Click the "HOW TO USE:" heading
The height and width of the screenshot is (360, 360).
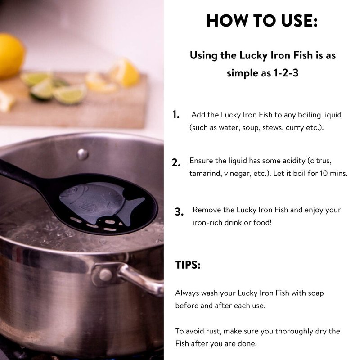click(262, 21)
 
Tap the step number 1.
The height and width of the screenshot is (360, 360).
click(176, 115)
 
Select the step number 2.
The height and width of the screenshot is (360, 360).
click(176, 163)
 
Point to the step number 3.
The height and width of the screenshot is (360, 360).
click(179, 211)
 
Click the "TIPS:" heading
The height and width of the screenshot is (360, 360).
click(188, 265)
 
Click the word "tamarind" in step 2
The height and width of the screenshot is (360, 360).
click(204, 173)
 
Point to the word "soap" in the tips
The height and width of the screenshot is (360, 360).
click(316, 293)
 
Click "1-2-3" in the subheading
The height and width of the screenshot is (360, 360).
click(286, 73)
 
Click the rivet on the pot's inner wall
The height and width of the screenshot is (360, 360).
click(82, 154)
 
